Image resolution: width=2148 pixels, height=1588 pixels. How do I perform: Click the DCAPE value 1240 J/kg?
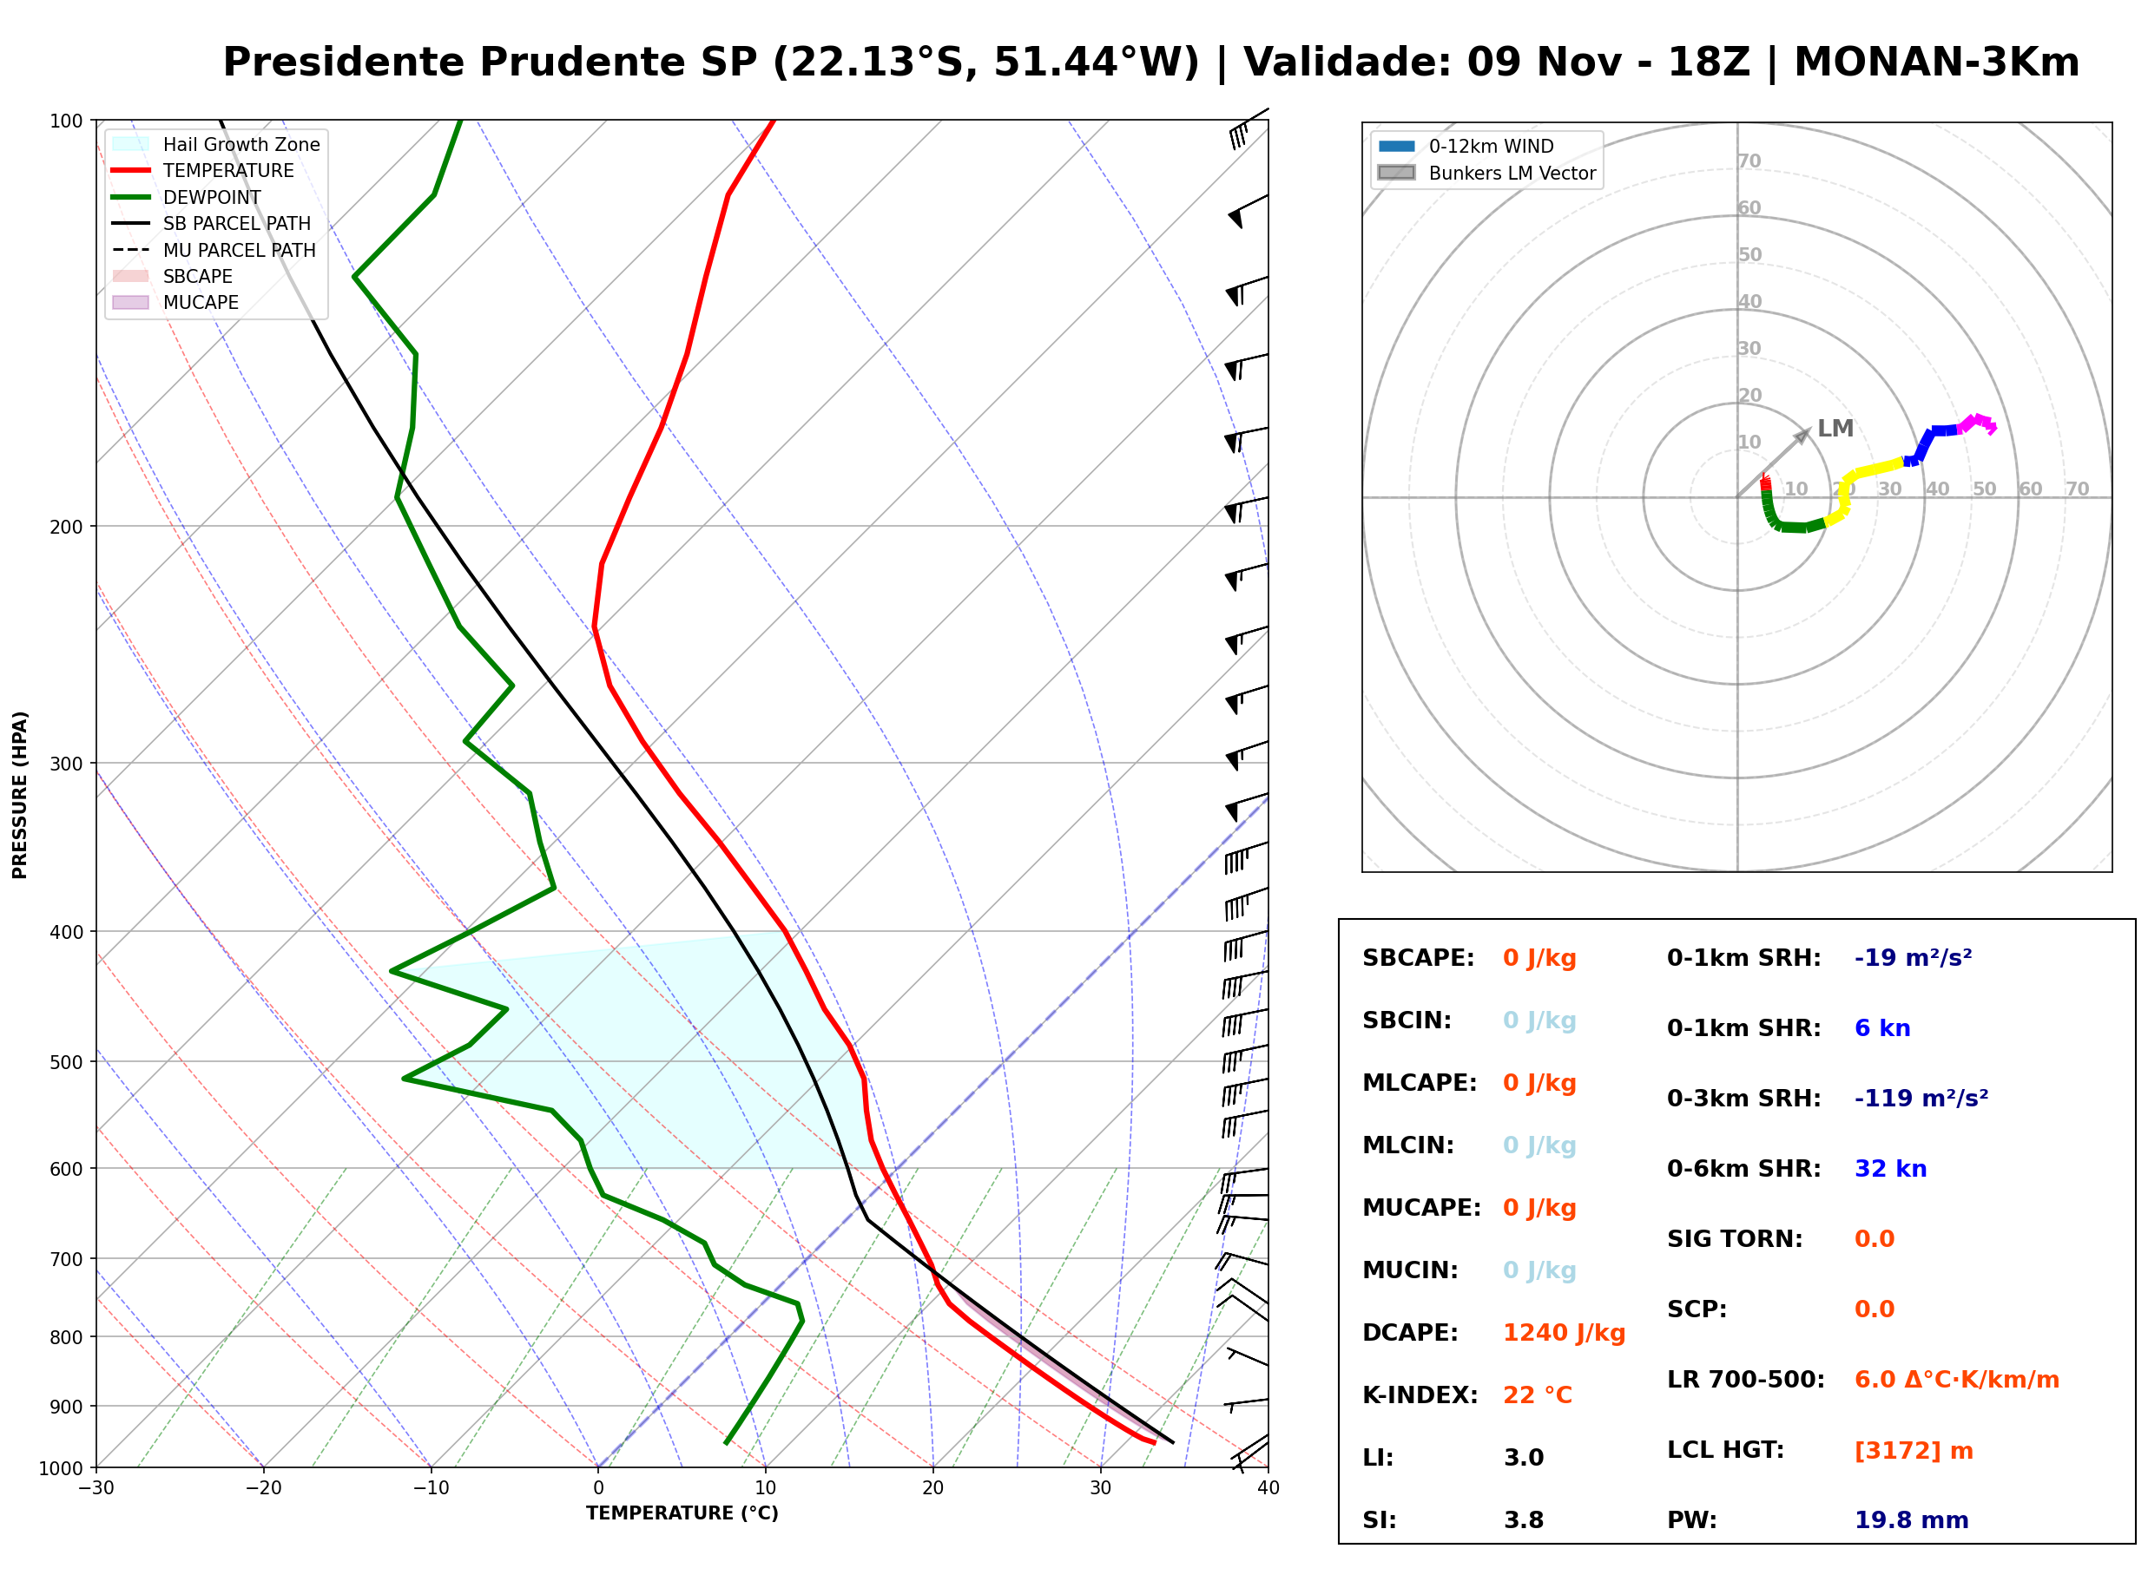tap(1565, 1333)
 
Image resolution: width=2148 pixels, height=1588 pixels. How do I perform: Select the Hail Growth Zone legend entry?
tap(216, 144)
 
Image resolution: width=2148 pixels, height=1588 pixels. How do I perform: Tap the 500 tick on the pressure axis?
tap(66, 1062)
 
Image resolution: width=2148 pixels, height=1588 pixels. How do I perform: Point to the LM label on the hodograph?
tap(1835, 428)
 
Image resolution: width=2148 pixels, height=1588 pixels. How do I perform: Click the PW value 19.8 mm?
tap(1912, 1520)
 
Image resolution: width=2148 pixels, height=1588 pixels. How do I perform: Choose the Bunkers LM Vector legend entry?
tap(1486, 173)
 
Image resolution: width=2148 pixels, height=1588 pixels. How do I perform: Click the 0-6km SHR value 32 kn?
tap(1890, 1169)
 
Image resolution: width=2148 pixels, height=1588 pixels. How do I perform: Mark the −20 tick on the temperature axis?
tap(263, 1488)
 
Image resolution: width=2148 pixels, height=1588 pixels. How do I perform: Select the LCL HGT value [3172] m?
tap(1914, 1451)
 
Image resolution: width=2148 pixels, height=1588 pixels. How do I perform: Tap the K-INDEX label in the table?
tap(1420, 1395)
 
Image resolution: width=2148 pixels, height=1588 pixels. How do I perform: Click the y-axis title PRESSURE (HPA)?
tap(20, 795)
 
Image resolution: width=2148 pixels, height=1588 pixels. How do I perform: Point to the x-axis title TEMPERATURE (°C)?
tap(682, 1513)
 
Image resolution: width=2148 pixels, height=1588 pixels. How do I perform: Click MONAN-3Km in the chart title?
tap(1936, 62)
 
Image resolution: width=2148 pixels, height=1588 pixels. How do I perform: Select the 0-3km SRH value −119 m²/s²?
tap(1921, 1098)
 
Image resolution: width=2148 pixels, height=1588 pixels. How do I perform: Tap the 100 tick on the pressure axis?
tap(66, 120)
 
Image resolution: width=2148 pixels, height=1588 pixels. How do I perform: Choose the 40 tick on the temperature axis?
tap(1268, 1488)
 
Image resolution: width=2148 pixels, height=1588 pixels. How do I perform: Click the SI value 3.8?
tap(1524, 1520)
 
